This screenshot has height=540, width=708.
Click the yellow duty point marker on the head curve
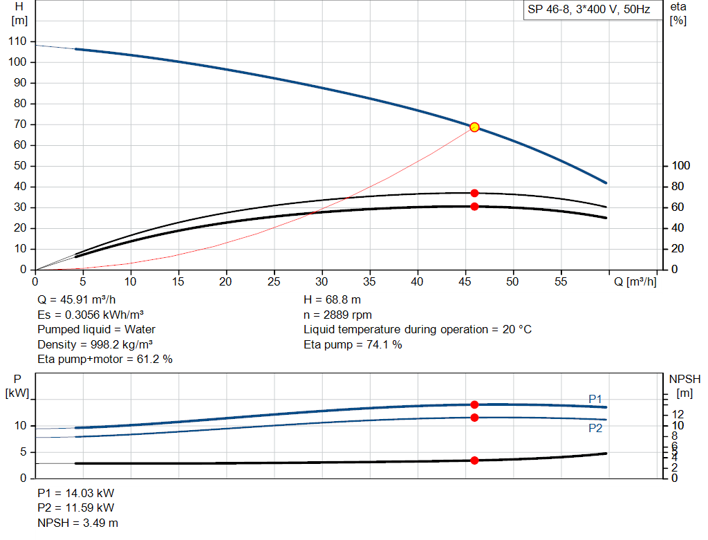coord(474,127)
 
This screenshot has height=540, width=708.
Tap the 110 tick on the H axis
coord(19,41)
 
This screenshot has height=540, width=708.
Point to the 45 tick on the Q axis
coord(465,281)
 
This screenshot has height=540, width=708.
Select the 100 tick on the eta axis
coord(681,166)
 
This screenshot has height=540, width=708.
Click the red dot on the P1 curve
coord(474,404)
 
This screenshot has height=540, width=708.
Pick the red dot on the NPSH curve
coord(474,460)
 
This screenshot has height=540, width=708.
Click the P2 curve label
coord(595,428)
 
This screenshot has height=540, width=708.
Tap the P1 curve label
coord(595,399)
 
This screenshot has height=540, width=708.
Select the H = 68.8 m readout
coord(332,300)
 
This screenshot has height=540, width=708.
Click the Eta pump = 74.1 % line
coord(353,344)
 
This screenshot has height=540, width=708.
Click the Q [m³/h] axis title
coord(635,281)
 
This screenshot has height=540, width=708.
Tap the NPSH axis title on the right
coord(684,379)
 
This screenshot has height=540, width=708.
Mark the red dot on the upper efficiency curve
coord(474,193)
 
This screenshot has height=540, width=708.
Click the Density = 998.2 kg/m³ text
coord(95,344)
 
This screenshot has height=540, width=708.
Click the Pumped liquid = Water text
coord(96,329)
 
